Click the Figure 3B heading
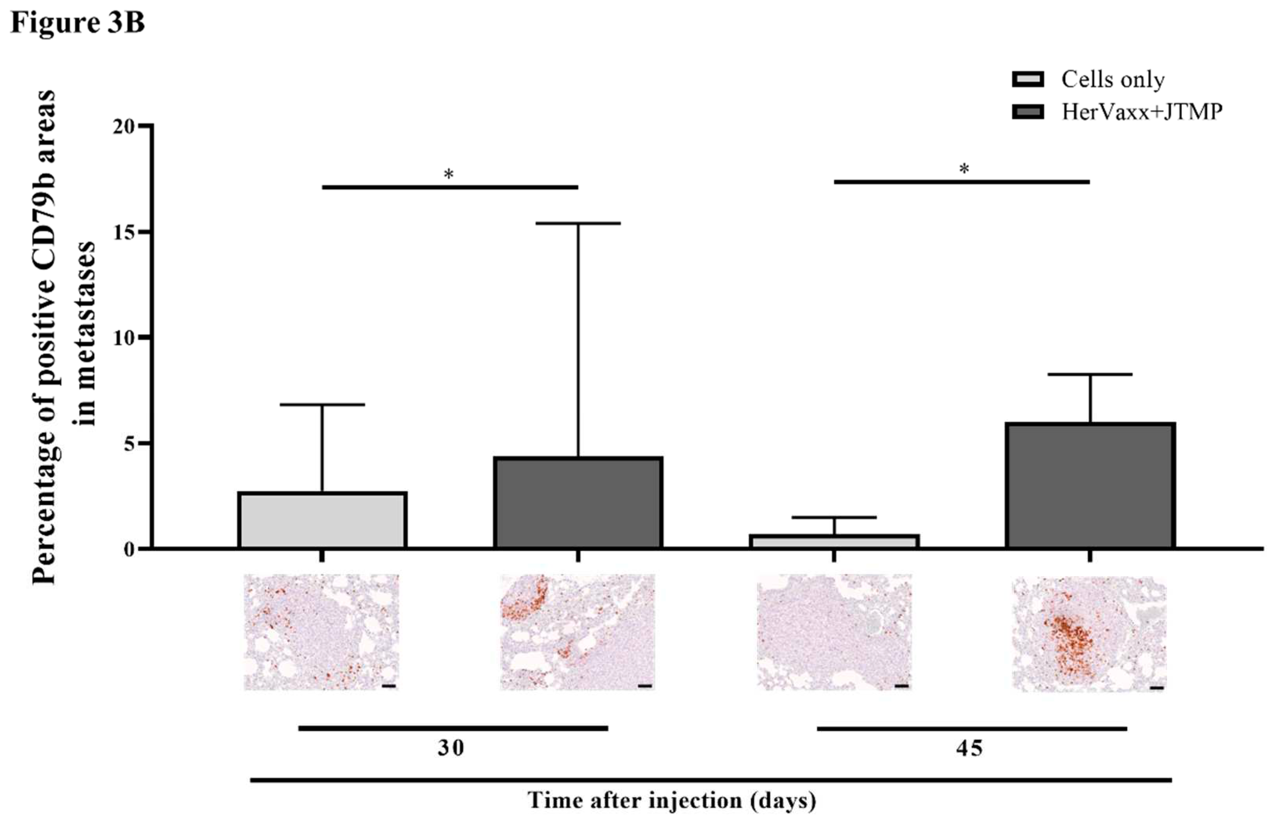(x=78, y=23)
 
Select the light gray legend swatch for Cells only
(x=1028, y=79)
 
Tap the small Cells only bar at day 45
(x=834, y=541)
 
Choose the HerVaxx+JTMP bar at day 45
(x=1090, y=485)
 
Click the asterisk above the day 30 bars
(x=449, y=174)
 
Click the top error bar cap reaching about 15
(x=578, y=223)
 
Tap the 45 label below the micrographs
(x=969, y=749)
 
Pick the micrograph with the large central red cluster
(x=1090, y=634)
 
